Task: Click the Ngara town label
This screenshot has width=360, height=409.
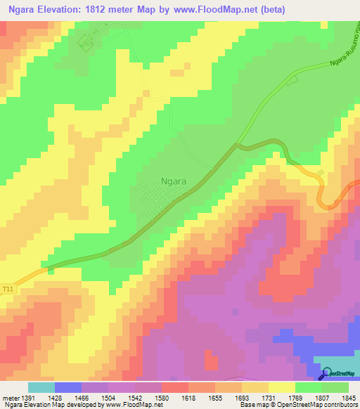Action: coord(174,181)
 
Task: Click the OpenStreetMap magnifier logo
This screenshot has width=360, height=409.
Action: coord(328,373)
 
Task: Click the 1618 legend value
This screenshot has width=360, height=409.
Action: coord(189,396)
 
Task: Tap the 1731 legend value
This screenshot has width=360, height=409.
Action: coord(269,396)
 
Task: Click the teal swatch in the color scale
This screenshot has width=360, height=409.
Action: coord(41,387)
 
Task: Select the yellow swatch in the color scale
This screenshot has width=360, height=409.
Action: coord(281,387)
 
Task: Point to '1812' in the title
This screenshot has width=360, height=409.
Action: coord(105,10)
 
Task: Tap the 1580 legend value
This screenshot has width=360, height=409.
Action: coord(162,396)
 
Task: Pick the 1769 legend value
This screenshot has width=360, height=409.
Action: coord(295,396)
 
